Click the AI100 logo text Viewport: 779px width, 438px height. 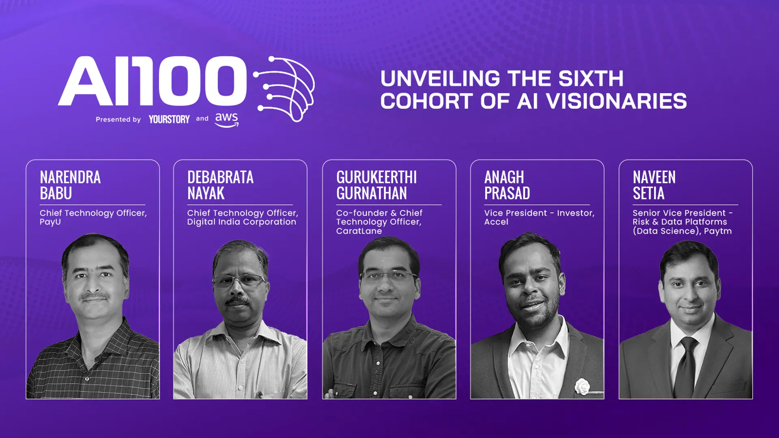point(152,81)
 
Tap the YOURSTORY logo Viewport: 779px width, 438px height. point(169,119)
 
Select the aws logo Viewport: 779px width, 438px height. point(226,119)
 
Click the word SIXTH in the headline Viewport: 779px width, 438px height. point(591,79)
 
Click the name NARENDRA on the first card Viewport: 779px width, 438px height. point(70,177)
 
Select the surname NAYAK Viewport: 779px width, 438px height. point(206,193)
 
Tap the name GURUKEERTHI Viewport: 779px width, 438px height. point(376,177)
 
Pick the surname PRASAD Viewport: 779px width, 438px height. point(507,193)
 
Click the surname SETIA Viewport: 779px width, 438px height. point(648,193)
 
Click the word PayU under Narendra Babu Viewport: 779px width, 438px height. point(50,222)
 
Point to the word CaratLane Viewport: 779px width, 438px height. point(359,231)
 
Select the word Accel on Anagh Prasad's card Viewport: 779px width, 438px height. point(496,222)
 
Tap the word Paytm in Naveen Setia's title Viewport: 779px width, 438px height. point(718,231)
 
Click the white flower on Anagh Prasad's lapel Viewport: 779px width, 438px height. point(582,386)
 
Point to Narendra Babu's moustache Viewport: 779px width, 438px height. point(94,297)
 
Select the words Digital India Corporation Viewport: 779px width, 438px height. point(241,222)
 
